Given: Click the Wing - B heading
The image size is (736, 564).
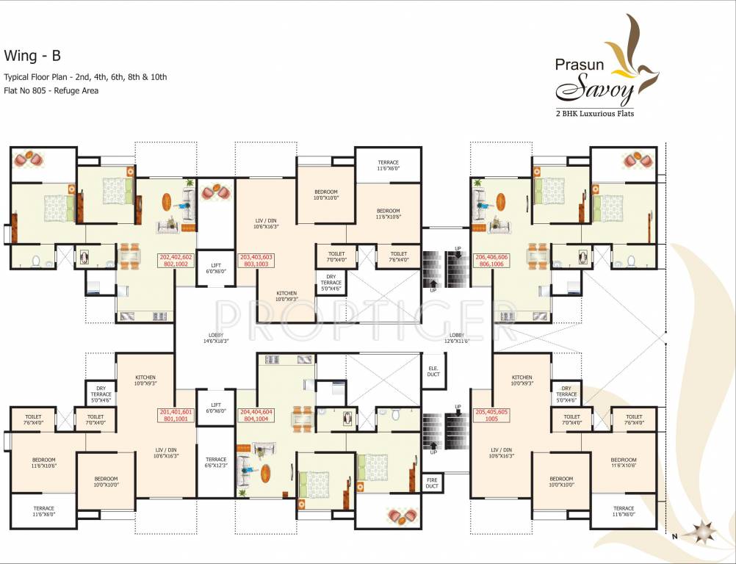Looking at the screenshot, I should [30, 55].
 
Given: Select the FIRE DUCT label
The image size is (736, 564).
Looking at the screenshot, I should [432, 482].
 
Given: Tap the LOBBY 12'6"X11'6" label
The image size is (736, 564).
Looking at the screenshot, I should [455, 339].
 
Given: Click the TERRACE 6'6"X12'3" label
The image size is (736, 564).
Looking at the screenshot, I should [216, 462].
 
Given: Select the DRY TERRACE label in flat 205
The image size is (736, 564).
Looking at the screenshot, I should [566, 394].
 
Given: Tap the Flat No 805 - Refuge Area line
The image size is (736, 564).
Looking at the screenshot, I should [51, 91].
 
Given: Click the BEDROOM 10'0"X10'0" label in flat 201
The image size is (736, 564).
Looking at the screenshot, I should [106, 482].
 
